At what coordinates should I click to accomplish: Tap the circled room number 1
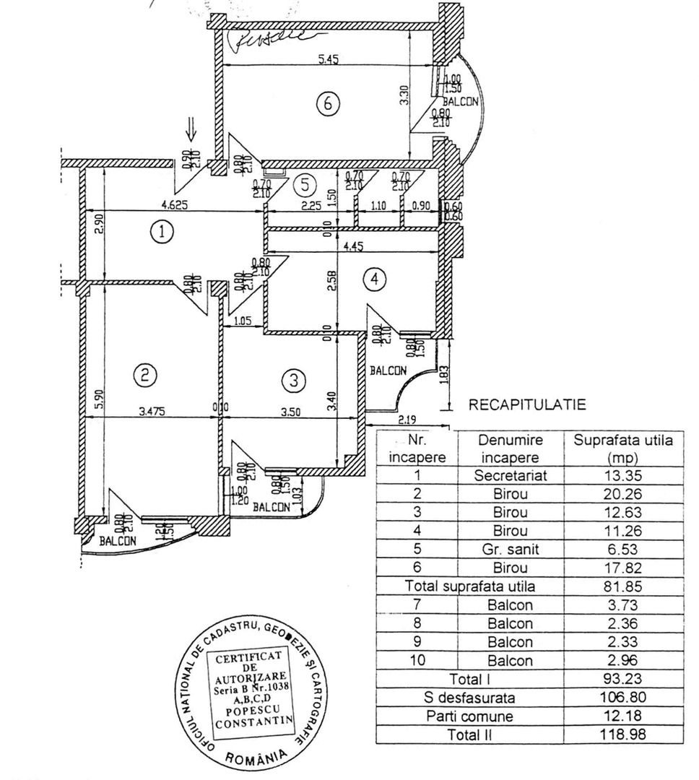click(x=162, y=232)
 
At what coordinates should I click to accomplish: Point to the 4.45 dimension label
click(x=352, y=246)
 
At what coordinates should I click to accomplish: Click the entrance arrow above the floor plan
click(x=191, y=131)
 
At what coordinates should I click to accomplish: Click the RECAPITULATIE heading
click(x=527, y=404)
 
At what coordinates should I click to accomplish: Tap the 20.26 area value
click(x=622, y=495)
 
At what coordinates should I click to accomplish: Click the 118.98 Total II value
click(x=622, y=734)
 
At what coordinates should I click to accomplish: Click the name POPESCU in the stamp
click(x=251, y=709)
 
